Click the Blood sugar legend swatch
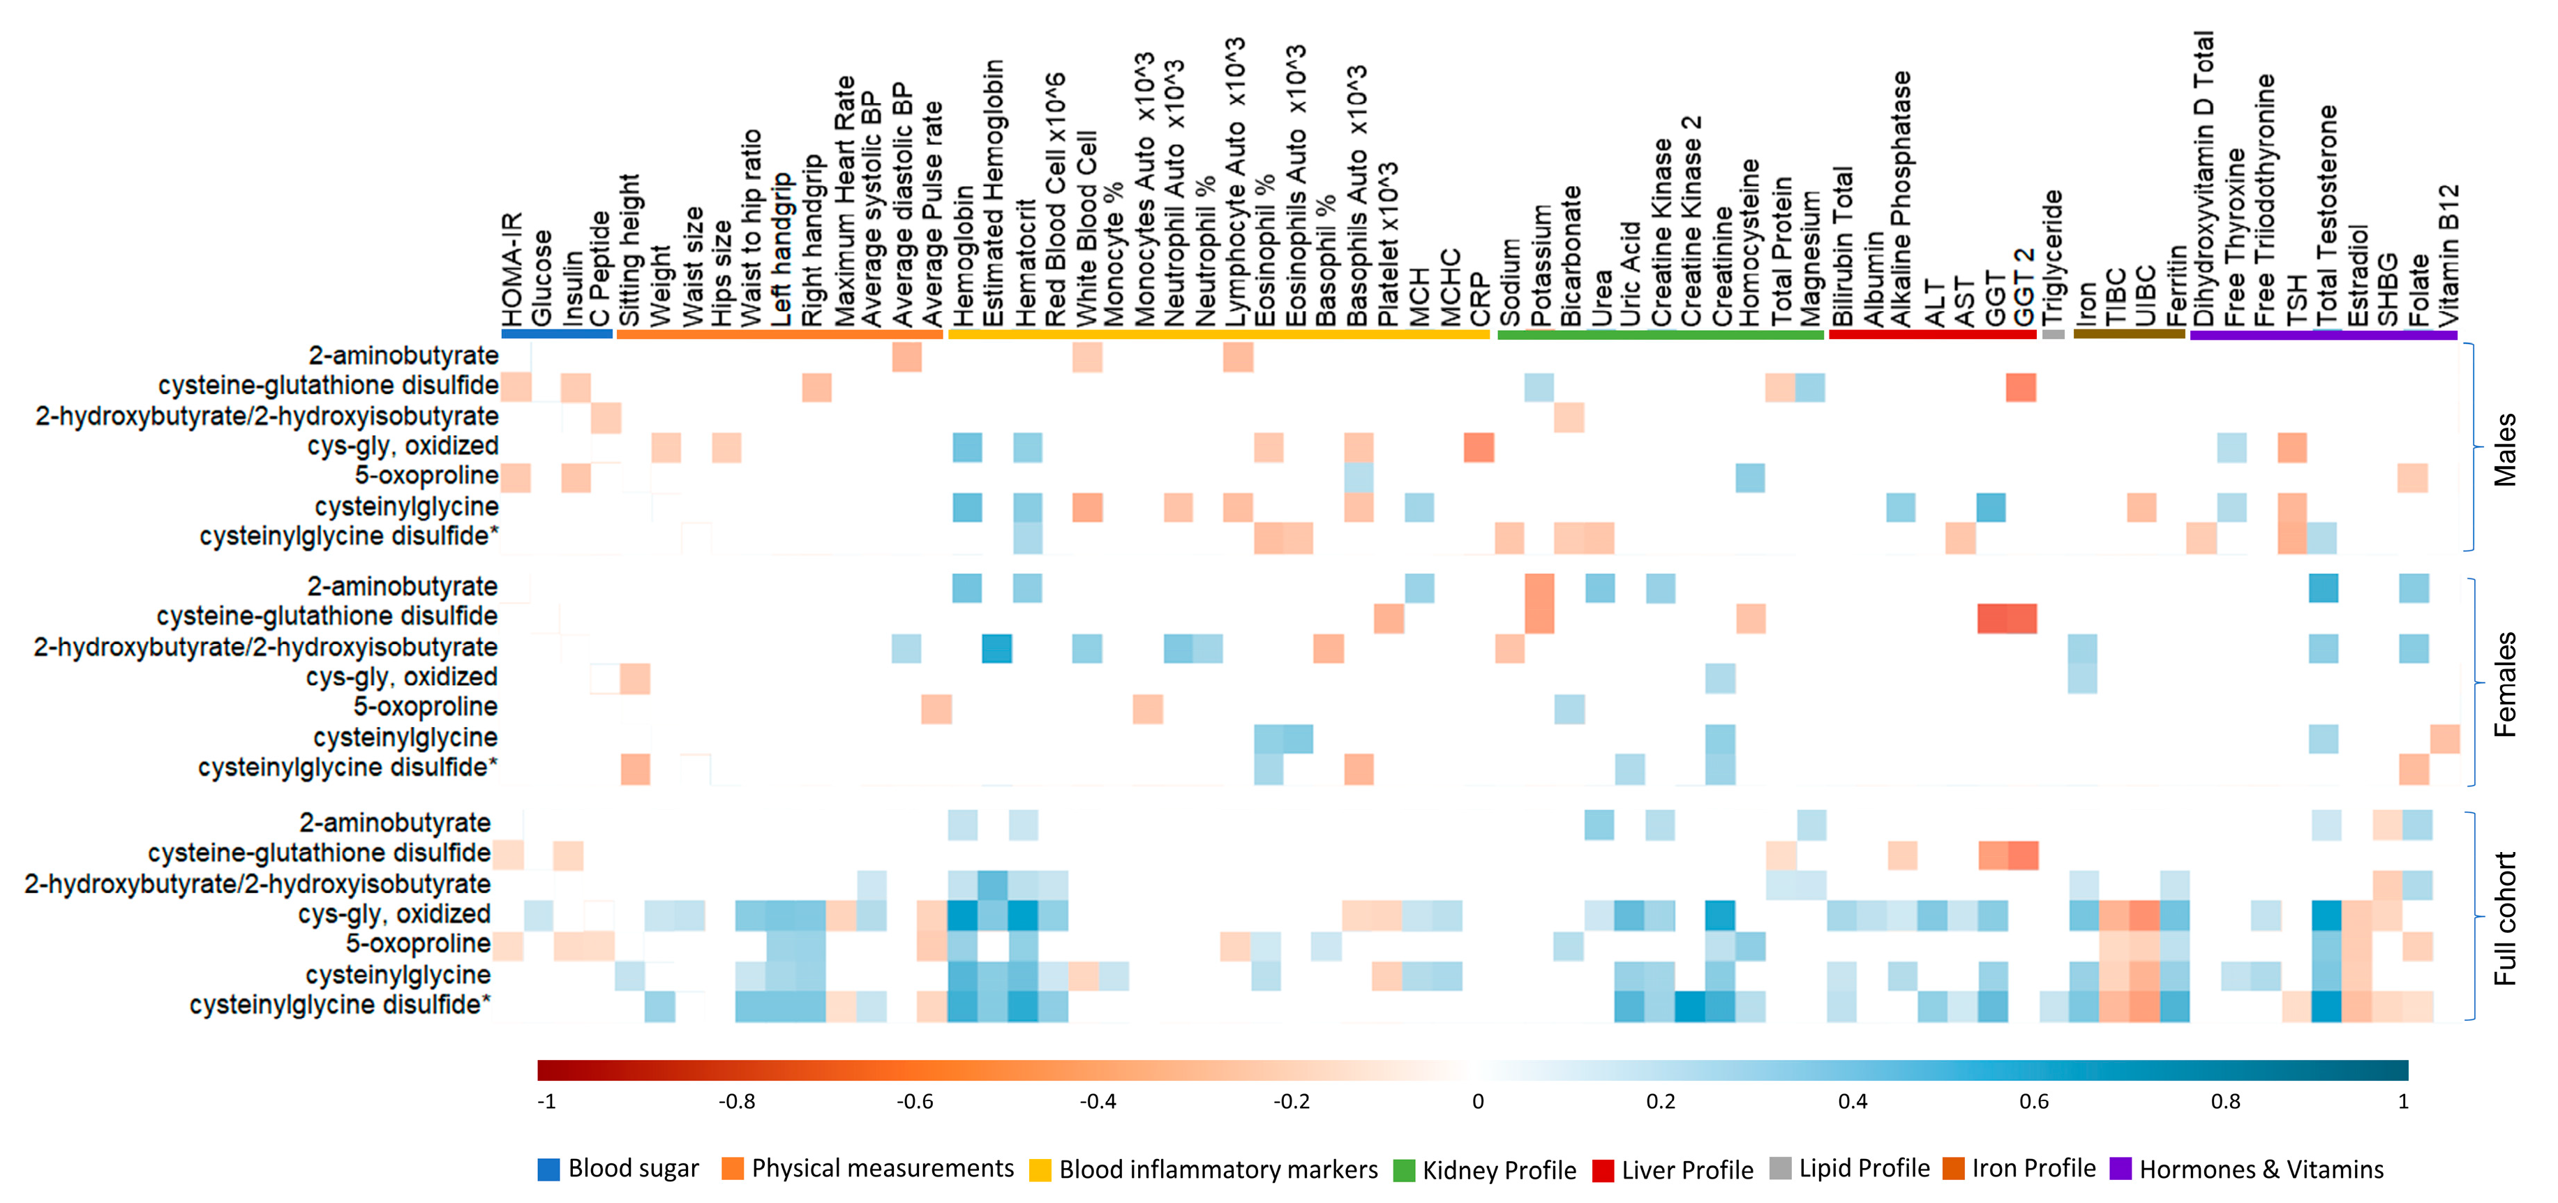(548, 1170)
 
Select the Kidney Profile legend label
(1499, 1170)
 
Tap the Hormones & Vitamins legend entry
(2261, 1170)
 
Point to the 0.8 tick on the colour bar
(2225, 1100)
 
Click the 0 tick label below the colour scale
(1478, 1100)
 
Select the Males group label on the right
(2506, 449)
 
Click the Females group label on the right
(2506, 683)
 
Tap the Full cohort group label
(2506, 918)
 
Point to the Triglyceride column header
(2053, 256)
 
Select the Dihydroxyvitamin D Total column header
(2204, 179)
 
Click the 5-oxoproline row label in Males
(426, 476)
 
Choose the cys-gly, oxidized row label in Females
(401, 678)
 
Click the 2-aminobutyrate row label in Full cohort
(394, 823)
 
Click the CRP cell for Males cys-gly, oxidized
(1479, 447)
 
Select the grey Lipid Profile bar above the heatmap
(2053, 335)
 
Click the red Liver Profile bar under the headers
(1931, 335)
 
